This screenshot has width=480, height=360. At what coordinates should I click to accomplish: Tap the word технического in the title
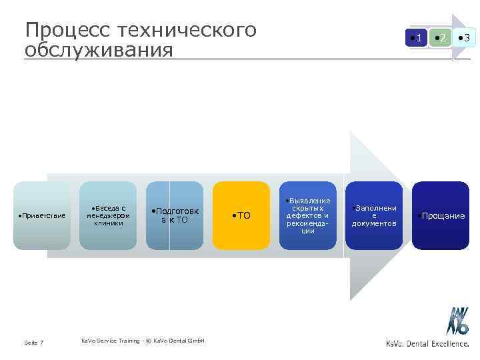(x=187, y=31)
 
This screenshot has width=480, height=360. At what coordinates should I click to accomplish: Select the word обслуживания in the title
(x=99, y=50)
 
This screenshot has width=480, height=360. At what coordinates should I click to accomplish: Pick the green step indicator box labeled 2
(x=440, y=38)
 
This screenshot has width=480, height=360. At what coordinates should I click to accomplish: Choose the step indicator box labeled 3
(x=464, y=38)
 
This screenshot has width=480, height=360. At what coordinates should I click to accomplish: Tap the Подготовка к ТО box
(x=175, y=216)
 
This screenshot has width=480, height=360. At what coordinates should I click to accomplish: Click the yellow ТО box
(x=241, y=216)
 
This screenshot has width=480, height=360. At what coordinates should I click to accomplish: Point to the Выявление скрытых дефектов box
(x=307, y=216)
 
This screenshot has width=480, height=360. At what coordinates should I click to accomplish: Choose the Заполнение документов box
(x=374, y=216)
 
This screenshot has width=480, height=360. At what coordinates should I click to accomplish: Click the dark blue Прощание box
(x=441, y=216)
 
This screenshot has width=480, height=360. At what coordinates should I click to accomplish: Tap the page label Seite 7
(x=34, y=343)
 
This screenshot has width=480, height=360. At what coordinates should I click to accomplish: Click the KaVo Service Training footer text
(x=143, y=341)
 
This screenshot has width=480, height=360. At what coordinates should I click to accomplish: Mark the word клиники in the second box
(x=108, y=223)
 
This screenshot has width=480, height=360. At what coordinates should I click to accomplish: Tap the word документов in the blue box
(x=374, y=223)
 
